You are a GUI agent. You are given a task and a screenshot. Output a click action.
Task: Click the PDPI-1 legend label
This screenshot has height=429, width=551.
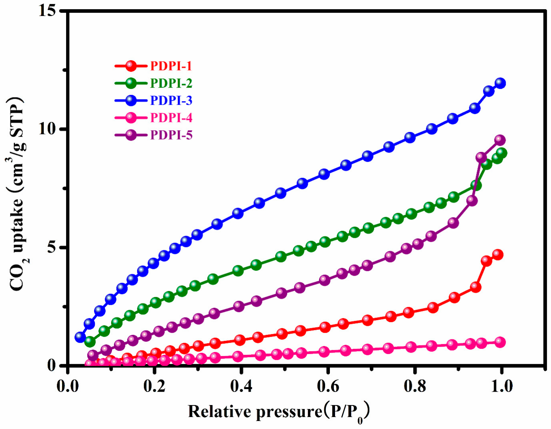171,66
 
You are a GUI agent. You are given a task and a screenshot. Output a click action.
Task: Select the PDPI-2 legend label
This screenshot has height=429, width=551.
171,83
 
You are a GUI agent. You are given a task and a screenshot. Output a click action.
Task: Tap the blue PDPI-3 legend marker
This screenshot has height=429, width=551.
131,100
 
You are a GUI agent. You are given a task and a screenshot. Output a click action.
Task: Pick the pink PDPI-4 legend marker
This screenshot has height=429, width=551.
131,118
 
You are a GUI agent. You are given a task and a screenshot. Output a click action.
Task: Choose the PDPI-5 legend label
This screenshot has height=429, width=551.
171,135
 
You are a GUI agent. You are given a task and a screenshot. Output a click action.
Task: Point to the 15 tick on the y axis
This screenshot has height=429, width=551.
47,10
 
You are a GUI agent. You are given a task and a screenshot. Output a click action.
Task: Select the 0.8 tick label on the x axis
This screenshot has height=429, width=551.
415,386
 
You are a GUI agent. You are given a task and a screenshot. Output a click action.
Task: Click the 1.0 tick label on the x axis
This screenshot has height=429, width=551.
501,386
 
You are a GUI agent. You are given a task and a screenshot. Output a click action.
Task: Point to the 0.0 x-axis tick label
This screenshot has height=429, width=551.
67,386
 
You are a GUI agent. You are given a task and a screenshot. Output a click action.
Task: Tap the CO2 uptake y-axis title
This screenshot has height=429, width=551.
17,195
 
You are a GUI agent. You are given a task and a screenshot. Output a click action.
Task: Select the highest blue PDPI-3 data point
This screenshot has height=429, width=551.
500,83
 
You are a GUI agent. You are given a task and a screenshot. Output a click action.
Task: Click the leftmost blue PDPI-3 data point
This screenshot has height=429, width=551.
80,337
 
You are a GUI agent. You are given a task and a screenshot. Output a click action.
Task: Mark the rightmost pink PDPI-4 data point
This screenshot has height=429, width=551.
500,342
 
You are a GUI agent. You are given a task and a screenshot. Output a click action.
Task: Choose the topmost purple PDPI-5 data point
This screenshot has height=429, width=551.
500,140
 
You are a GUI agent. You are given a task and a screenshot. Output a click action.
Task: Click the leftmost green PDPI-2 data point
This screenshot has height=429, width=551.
90,342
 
